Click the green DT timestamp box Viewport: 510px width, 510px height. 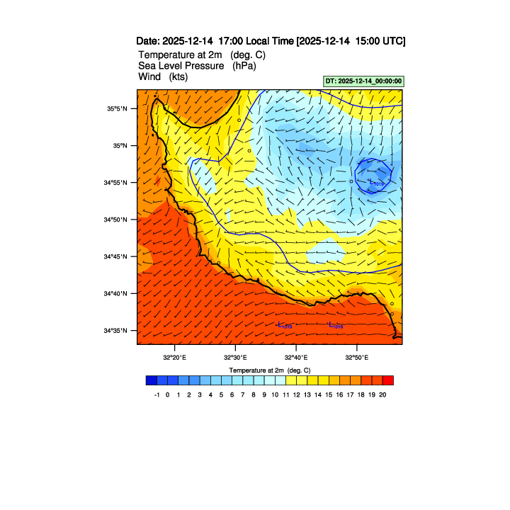pos(363,81)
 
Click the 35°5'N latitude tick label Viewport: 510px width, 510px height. pos(118,109)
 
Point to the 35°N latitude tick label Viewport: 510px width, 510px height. pos(120,146)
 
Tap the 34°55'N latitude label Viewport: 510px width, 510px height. pos(118,183)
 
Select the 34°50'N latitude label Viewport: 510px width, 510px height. pos(118,220)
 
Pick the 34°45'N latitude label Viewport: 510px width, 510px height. pos(118,256)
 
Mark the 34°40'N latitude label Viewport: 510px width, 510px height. pos(118,293)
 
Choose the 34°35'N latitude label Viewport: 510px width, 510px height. pos(118,330)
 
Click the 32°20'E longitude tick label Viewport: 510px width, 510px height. pos(174,357)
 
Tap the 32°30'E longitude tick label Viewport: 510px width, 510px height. pos(235,357)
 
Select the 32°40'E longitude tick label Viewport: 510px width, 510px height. pos(295,357)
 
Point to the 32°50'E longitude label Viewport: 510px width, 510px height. pos(356,357)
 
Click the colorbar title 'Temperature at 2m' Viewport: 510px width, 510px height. pos(269,370)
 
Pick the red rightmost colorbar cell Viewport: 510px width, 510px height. pos(387,380)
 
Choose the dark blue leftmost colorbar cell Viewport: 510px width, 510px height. pos(151,380)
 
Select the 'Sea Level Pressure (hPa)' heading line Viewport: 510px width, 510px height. pos(197,66)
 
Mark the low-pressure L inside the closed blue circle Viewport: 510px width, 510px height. pos(371,181)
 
